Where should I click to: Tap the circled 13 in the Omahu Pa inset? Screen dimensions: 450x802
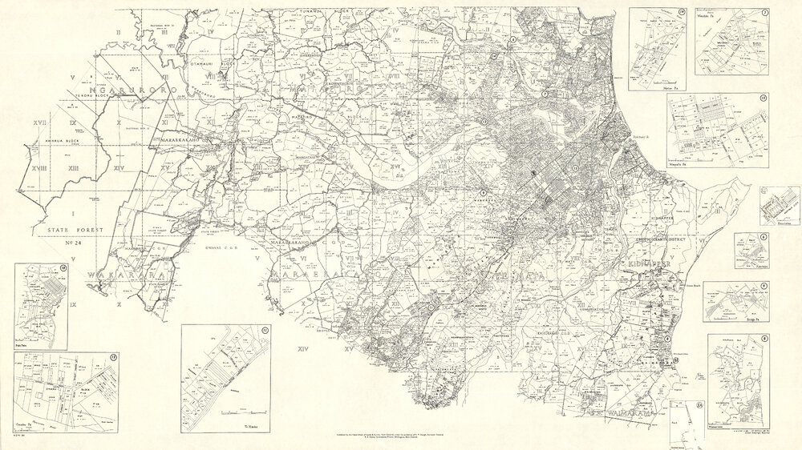coord(114,357)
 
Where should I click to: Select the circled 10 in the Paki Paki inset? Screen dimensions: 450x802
coord(63,267)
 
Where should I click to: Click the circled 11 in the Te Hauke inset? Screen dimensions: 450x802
coord(264,329)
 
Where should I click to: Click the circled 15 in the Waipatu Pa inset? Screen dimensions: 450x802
coord(764,98)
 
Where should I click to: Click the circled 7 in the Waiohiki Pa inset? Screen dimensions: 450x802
coord(764,13)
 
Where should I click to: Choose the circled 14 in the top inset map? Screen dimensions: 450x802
coord(681,13)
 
